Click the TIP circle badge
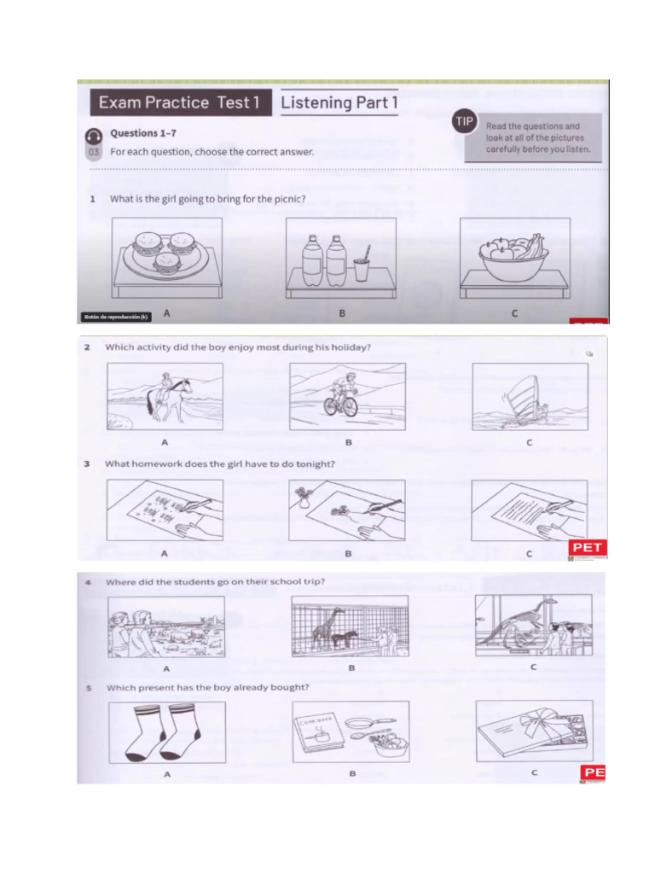point(464,122)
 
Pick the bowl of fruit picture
point(513,258)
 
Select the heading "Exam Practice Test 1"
point(179,102)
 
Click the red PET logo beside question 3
point(588,547)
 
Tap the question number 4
point(89,582)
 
